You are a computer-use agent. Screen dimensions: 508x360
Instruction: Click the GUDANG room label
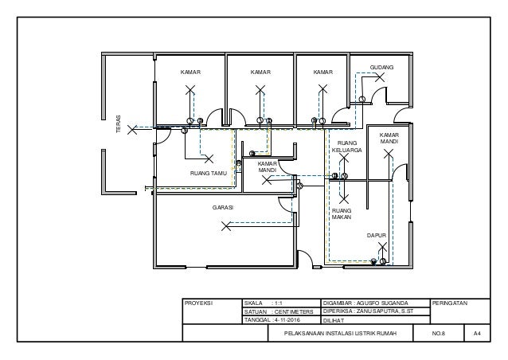(381, 68)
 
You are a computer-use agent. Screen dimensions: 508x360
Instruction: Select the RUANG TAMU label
(209, 172)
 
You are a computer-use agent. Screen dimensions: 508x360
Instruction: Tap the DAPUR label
(376, 236)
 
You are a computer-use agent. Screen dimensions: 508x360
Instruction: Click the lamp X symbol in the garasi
(226, 225)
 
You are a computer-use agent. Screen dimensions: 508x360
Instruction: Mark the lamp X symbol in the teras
(136, 127)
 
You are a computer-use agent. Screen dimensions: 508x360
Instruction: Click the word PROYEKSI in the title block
(199, 303)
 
